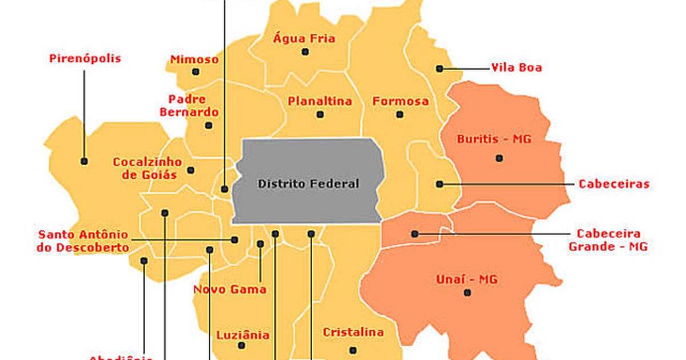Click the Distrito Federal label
pyautogui.click(x=308, y=183)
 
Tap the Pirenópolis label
pyautogui.click(x=85, y=59)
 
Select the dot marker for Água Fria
pyautogui.click(x=305, y=52)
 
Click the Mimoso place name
pyautogui.click(x=194, y=59)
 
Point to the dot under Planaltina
pyautogui.click(x=320, y=114)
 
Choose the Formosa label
pyautogui.click(x=401, y=102)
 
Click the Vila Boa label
pyautogui.click(x=516, y=68)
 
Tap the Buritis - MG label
pyautogui.click(x=494, y=139)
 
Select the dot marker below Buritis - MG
pyautogui.click(x=499, y=158)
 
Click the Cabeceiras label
pyautogui.click(x=614, y=184)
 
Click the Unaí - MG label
pyautogui.click(x=467, y=279)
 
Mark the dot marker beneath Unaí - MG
pyautogui.click(x=468, y=293)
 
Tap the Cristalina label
pyautogui.click(x=353, y=332)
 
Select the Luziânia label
pyautogui.click(x=243, y=335)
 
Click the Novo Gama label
pyautogui.click(x=230, y=289)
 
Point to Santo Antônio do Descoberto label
pyautogui.click(x=83, y=241)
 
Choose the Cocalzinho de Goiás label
pyautogui.click(x=147, y=168)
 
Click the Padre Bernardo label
pyautogui.click(x=189, y=106)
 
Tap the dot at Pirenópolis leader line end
pyautogui.click(x=85, y=162)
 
